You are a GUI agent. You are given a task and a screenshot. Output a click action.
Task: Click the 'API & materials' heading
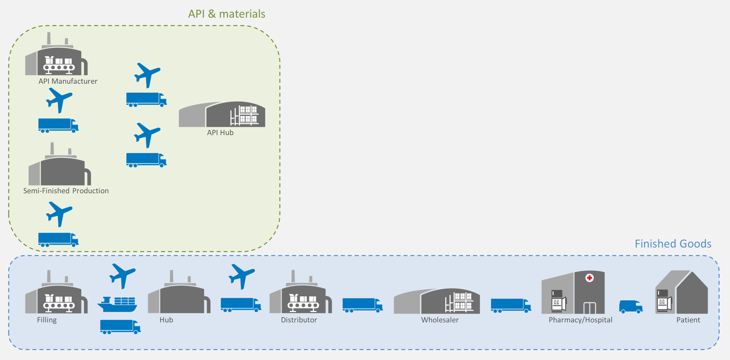[x=226, y=14]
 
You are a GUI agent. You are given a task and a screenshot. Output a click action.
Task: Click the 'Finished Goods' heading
[x=673, y=244]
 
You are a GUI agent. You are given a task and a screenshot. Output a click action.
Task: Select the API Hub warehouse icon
[x=222, y=115]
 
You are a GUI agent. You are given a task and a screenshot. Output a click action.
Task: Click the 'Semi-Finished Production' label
[x=66, y=191]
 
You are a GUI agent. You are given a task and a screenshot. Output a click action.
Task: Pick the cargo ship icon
[x=117, y=305]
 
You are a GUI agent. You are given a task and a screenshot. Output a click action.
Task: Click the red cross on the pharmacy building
[x=589, y=278]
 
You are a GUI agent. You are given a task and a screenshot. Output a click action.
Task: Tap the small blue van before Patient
[x=631, y=307]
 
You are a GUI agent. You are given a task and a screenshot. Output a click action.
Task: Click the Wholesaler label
[x=439, y=320]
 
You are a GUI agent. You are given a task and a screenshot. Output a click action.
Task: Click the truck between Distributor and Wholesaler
[x=362, y=305]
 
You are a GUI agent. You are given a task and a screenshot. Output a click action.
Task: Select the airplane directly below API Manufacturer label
[x=59, y=100]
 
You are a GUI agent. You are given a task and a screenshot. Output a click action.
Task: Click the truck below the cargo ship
[x=120, y=326]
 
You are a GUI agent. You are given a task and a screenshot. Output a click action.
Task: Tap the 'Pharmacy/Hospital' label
[x=580, y=320]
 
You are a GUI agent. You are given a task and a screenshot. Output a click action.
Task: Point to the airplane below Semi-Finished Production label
[x=59, y=214]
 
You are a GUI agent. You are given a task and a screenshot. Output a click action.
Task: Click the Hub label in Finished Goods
[x=166, y=320]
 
